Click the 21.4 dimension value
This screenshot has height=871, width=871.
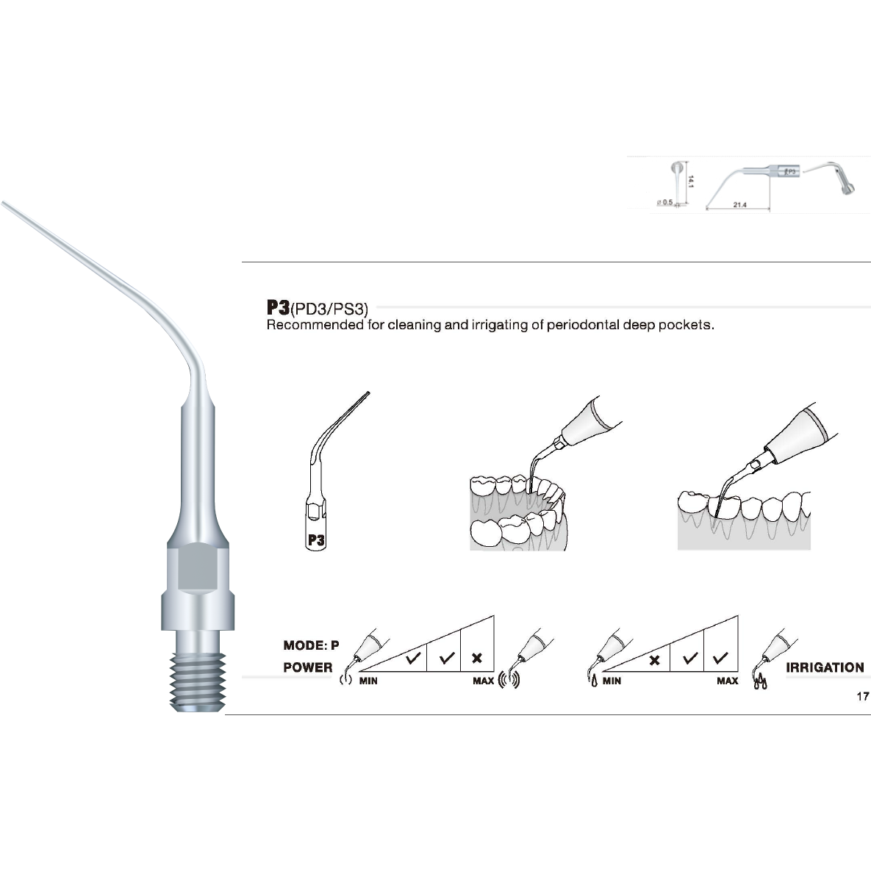click(x=739, y=205)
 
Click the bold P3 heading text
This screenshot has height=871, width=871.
click(x=278, y=307)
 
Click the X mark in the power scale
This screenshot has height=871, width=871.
click(x=476, y=659)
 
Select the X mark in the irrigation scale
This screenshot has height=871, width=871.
click(x=654, y=659)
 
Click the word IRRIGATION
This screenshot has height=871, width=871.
click(x=825, y=667)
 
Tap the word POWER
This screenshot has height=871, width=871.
click(x=308, y=667)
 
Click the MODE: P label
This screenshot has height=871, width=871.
click(x=311, y=645)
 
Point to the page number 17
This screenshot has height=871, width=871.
click(x=863, y=696)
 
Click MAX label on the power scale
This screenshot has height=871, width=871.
click(x=483, y=681)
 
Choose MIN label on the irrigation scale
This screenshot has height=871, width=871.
click(x=612, y=681)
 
